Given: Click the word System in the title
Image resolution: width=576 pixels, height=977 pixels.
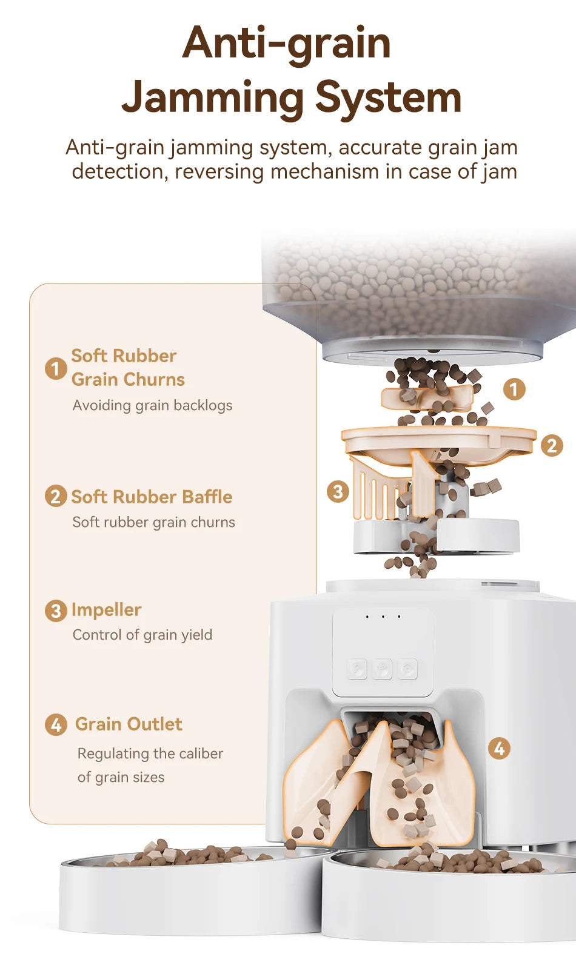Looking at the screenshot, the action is coord(388,98).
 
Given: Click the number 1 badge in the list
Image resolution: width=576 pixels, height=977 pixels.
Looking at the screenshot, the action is coord(56,368).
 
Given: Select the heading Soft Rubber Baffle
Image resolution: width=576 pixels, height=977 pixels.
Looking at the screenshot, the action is coord(152,497).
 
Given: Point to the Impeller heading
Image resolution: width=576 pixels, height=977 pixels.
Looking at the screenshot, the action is coord(106,610).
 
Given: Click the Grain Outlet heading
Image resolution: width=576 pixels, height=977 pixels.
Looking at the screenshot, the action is coord(129,724).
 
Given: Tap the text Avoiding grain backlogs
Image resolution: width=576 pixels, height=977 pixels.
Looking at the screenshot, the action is coord(152,406).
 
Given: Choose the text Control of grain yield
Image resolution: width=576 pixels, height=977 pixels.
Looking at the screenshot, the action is coord(142,635).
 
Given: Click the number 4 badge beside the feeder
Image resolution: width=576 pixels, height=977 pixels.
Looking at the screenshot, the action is coord(499,749).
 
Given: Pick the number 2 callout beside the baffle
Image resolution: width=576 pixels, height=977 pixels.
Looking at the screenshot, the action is coord(552,446).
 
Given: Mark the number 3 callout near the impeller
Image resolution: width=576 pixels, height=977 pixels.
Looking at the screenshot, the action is coord(338,492).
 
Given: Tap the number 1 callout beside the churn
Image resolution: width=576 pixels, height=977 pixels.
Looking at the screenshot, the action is coord(514,389).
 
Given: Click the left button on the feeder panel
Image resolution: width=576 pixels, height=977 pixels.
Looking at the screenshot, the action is coord(357,669).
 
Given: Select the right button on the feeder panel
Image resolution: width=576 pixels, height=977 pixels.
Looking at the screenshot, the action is coord(407,669).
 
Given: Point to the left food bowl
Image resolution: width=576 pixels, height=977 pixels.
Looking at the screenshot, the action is coord(192,890).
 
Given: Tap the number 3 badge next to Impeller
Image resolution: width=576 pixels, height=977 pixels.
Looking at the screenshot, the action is coord(56,611).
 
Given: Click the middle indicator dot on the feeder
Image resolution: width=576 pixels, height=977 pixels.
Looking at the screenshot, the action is coord(383,617).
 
